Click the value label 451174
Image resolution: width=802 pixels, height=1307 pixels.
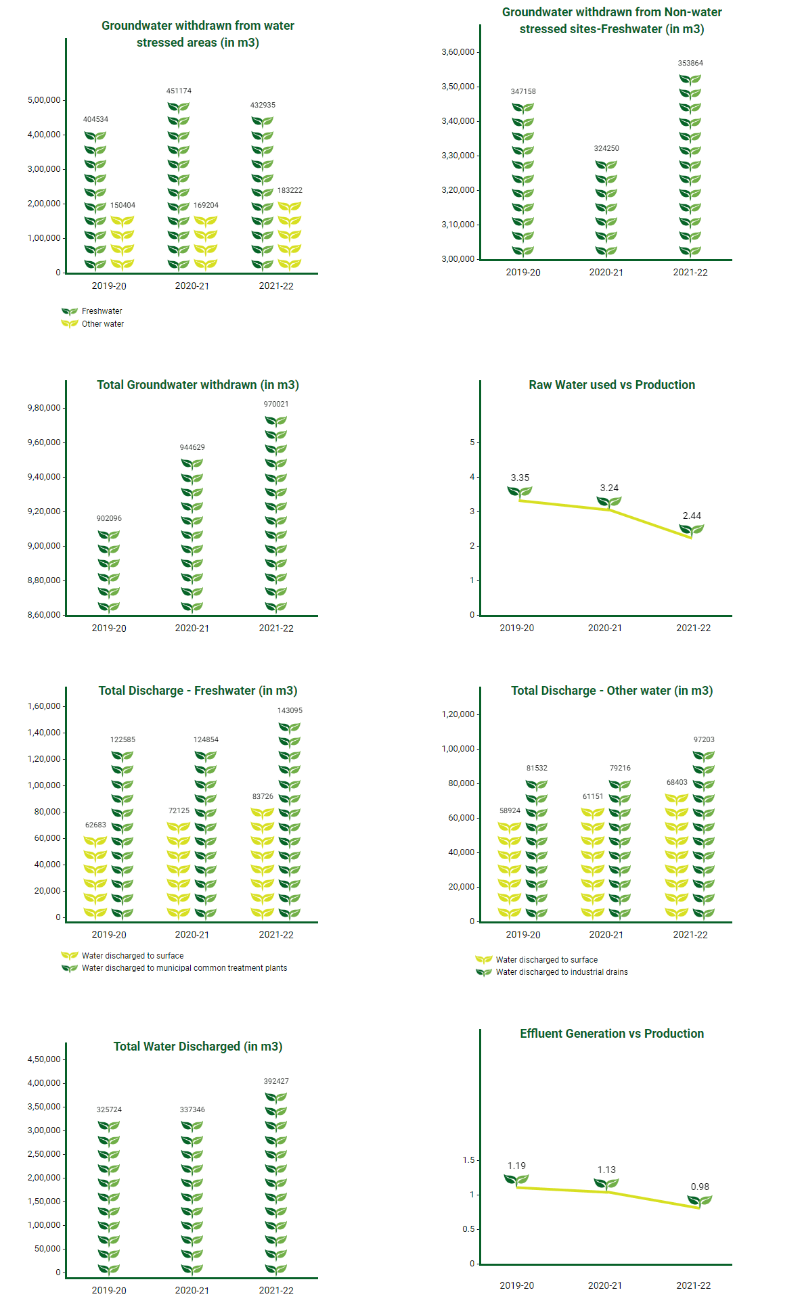click(179, 91)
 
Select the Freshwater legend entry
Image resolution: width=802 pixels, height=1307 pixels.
click(92, 311)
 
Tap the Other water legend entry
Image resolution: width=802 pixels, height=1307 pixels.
click(93, 324)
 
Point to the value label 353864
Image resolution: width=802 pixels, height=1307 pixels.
click(690, 63)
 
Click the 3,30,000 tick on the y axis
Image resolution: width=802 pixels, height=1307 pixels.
click(458, 156)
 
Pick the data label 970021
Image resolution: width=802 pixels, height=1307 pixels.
click(276, 404)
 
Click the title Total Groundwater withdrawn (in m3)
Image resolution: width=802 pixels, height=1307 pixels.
click(198, 385)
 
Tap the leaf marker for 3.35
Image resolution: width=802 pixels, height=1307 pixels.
click(520, 492)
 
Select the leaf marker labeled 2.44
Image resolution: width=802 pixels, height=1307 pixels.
click(692, 530)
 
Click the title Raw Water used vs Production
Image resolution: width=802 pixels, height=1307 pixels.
click(612, 385)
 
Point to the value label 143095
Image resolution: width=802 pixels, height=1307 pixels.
click(290, 710)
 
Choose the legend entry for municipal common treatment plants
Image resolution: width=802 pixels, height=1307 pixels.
click(174, 968)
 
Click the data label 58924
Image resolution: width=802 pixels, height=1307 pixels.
click(510, 810)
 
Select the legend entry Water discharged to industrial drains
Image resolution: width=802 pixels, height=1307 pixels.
click(552, 972)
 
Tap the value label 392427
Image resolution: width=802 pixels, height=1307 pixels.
click(276, 1081)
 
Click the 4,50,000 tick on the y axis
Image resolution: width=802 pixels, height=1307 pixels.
click(44, 1059)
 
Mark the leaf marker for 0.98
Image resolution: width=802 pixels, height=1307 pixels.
click(700, 1201)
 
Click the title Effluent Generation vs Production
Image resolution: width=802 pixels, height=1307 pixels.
click(612, 1034)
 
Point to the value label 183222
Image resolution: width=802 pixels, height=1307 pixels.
click(290, 190)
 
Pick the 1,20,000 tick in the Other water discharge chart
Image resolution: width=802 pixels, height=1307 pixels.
click(458, 714)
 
